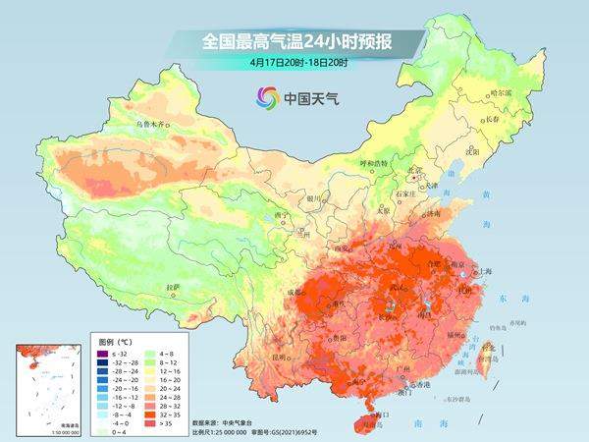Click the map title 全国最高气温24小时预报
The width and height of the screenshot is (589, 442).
click(294, 42)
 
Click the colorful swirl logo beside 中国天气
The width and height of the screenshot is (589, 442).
click(266, 97)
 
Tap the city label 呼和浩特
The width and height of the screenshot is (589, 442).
click(373, 162)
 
